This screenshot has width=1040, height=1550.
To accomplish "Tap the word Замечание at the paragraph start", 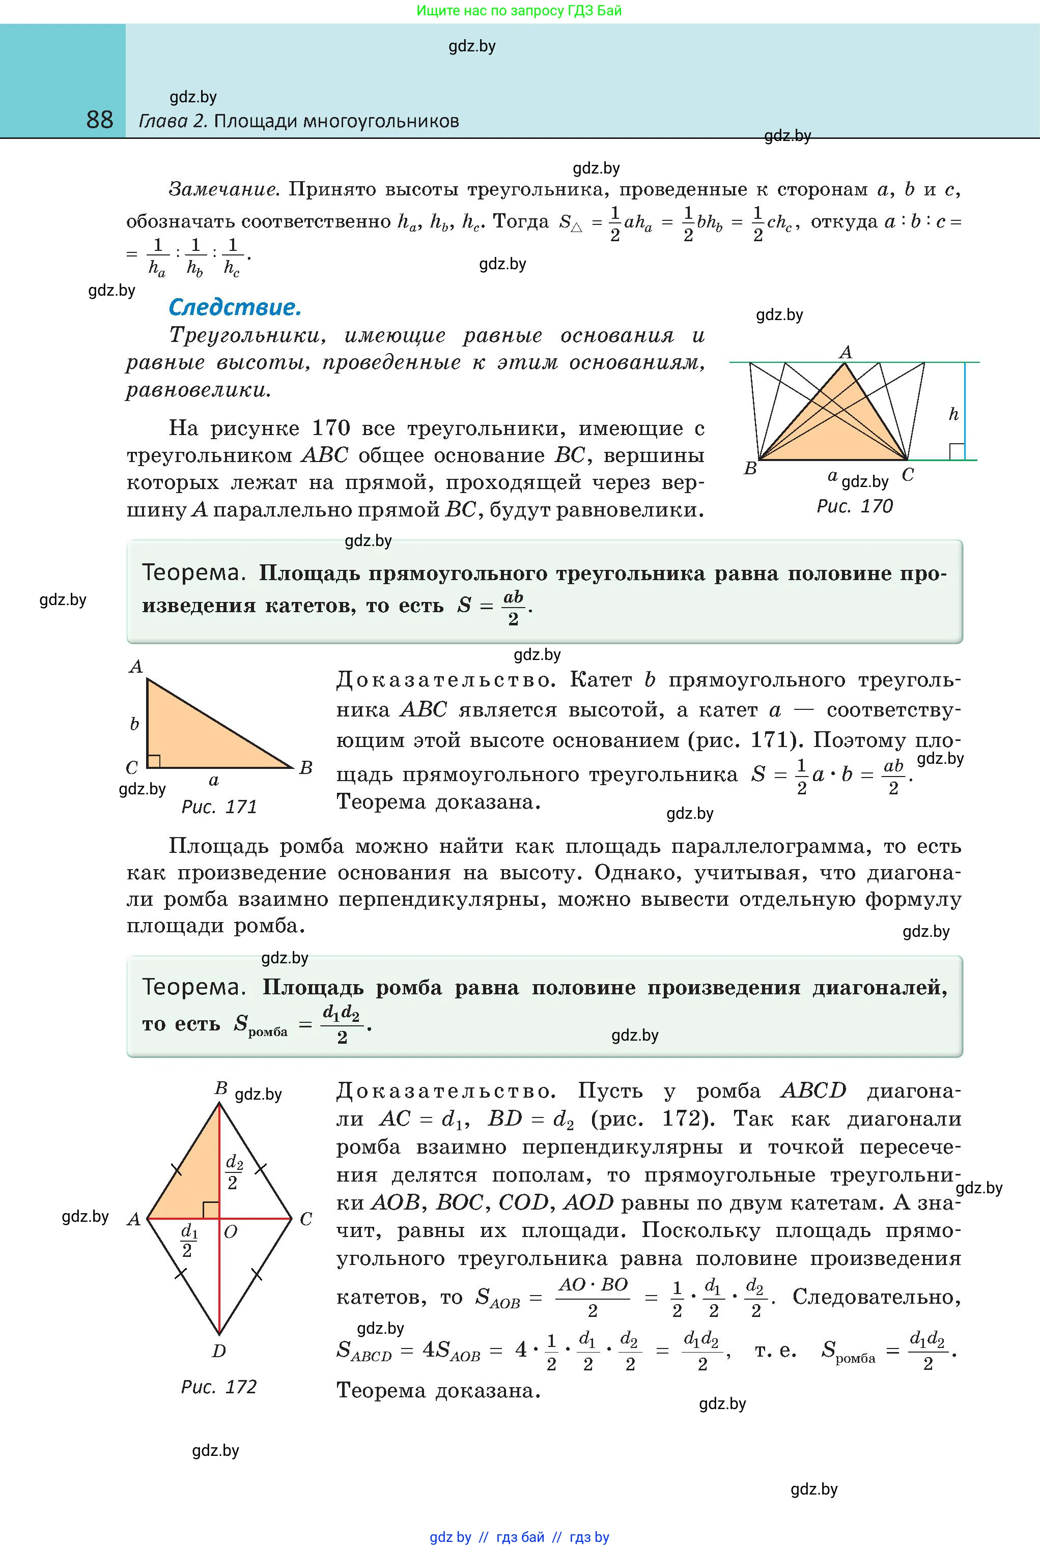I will pyautogui.click(x=222, y=190).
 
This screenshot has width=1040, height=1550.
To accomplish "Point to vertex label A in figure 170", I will pyautogui.click(x=845, y=352).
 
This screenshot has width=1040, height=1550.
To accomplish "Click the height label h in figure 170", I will pyautogui.click(x=953, y=414).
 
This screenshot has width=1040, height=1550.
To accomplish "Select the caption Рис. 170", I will pyautogui.click(x=854, y=506).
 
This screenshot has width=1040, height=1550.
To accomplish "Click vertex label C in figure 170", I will pyautogui.click(x=908, y=475).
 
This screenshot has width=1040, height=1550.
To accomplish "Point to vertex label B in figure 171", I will pyautogui.click(x=306, y=768).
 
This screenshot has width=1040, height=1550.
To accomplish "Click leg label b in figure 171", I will pyautogui.click(x=134, y=724).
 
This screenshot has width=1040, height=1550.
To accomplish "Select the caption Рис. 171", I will pyautogui.click(x=219, y=807).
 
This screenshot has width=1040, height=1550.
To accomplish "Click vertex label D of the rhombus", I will pyautogui.click(x=219, y=1351).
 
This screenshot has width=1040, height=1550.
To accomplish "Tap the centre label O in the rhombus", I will pyautogui.click(x=231, y=1232).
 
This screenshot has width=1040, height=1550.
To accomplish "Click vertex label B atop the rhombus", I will pyautogui.click(x=221, y=1088).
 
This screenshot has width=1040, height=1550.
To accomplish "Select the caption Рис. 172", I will pyautogui.click(x=219, y=1387).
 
